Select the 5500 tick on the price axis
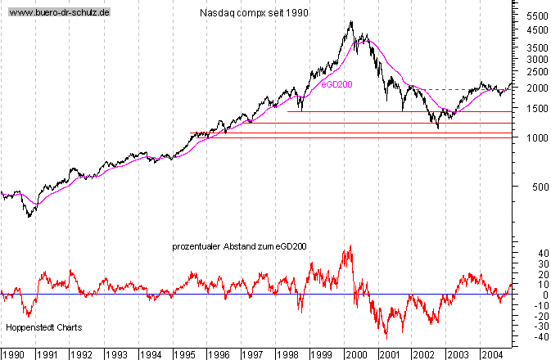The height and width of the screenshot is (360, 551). click(x=537, y=16)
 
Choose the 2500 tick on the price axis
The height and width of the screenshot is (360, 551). click(x=537, y=72)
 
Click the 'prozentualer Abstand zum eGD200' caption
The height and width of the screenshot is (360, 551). click(x=239, y=245)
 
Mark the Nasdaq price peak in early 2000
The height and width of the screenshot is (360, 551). click(x=351, y=22)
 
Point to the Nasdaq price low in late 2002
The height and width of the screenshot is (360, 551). click(x=439, y=128)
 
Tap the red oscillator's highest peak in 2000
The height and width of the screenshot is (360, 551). click(x=351, y=245)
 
